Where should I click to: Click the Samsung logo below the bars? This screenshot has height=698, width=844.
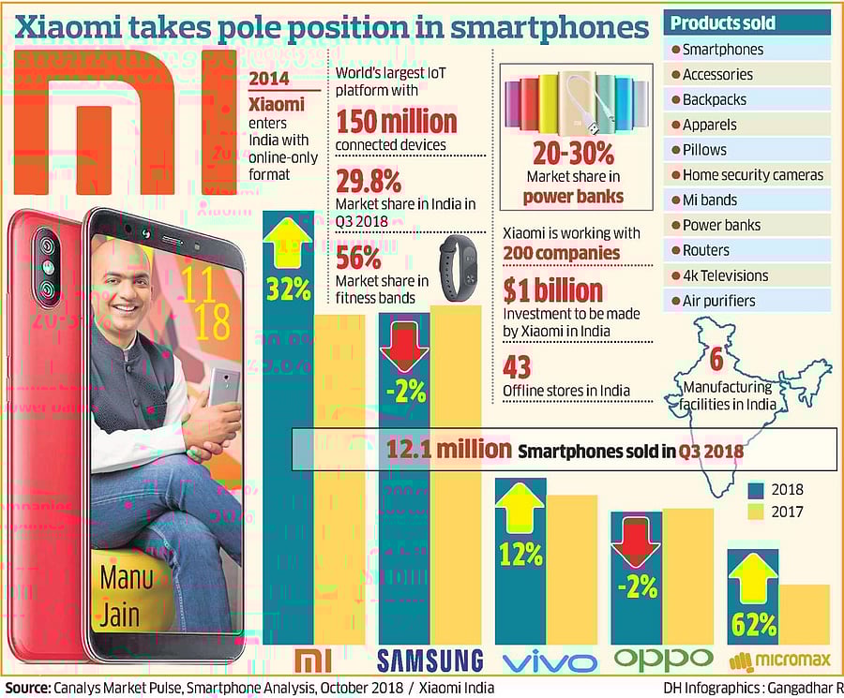[430, 660]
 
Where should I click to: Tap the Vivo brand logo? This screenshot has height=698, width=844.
[550, 662]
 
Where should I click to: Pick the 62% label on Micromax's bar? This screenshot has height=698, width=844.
[754, 622]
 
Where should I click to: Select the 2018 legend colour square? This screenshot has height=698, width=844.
[756, 490]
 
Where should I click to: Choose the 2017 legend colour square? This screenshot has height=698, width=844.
[756, 512]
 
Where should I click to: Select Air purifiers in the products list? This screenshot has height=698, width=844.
[718, 301]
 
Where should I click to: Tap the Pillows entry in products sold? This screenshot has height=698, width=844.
[704, 150]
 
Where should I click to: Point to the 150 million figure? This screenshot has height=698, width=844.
[396, 121]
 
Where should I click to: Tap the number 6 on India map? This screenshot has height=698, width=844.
[716, 359]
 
